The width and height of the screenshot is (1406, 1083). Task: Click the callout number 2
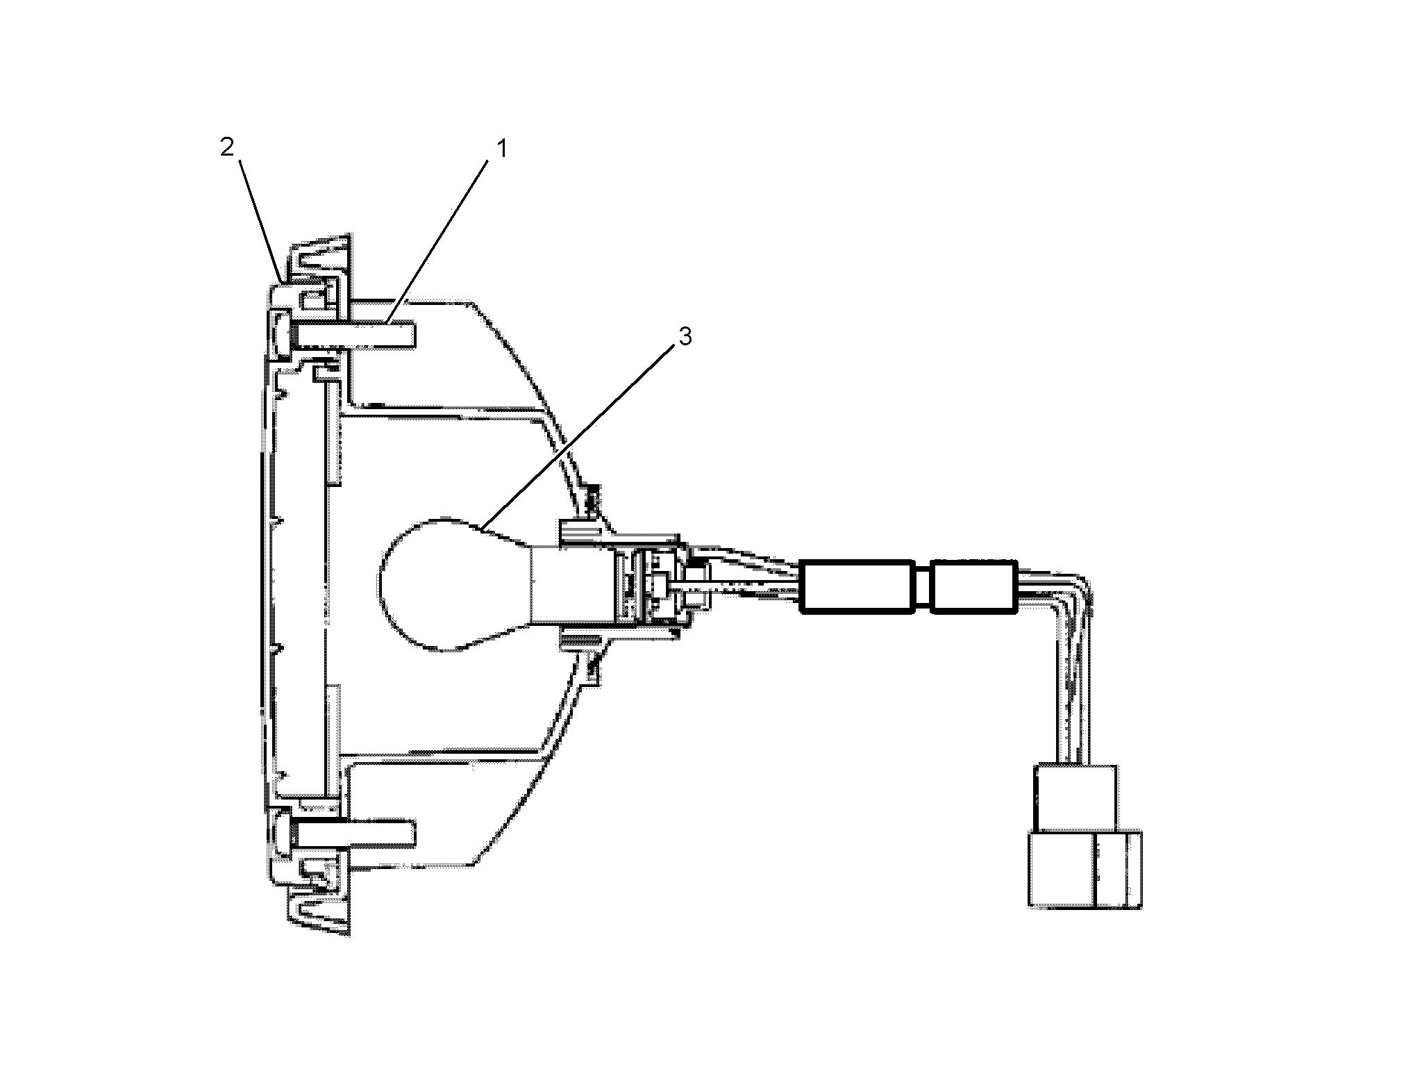tap(228, 147)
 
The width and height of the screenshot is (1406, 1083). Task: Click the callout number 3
tap(685, 336)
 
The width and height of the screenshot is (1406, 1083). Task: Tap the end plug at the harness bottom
tap(1085, 870)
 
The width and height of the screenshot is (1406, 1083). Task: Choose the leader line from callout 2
tap(261, 220)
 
